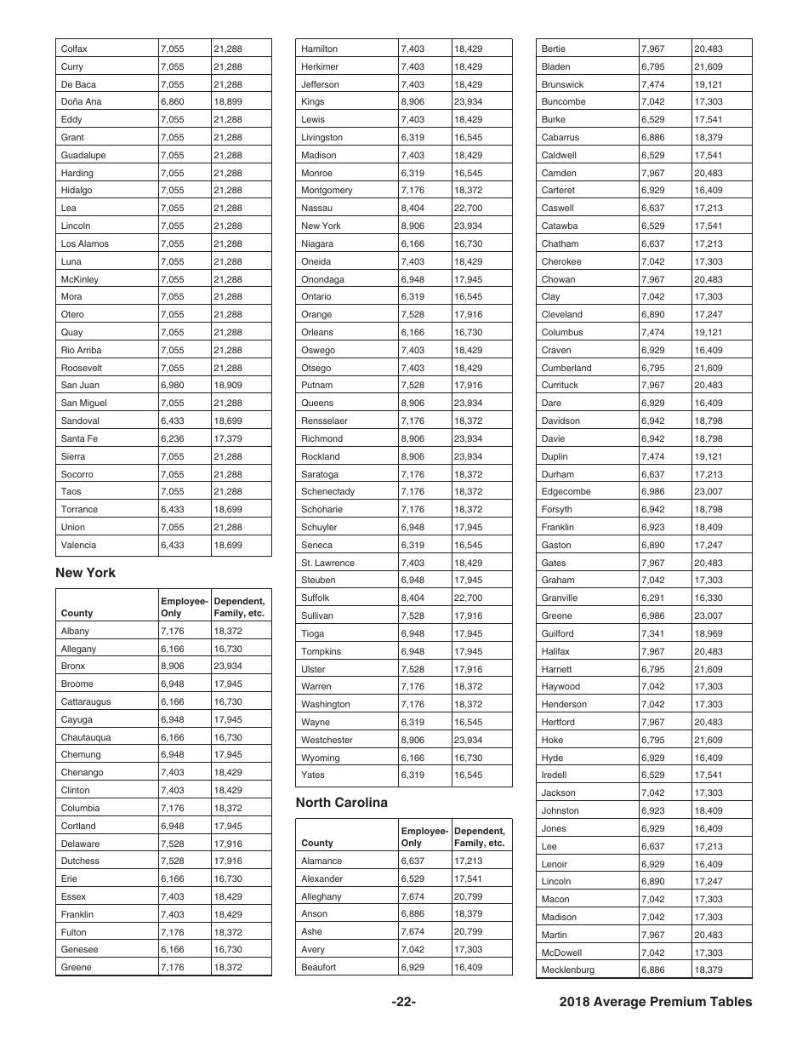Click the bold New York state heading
pyautogui.click(x=85, y=573)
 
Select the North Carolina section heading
pyautogui.click(x=341, y=803)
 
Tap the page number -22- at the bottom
pyautogui.click(x=403, y=1002)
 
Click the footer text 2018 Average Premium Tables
pyautogui.click(x=656, y=1002)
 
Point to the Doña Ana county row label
pyautogui.click(x=81, y=102)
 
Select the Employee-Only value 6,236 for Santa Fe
pyautogui.click(x=172, y=439)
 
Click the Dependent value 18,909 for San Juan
pyautogui.click(x=228, y=386)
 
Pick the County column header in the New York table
pyautogui.click(x=77, y=613)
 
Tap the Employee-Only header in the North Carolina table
pyautogui.click(x=424, y=837)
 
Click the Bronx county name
pyautogui.click(x=73, y=667)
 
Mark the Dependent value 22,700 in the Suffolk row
pyautogui.click(x=468, y=598)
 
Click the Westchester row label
pyautogui.click(x=327, y=741)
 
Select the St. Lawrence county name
pyautogui.click(x=327, y=564)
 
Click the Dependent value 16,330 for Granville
pyautogui.click(x=708, y=598)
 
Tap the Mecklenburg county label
pyautogui.click(x=567, y=970)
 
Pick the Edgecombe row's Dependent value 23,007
pyautogui.click(x=708, y=492)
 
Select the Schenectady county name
pyautogui.click(x=327, y=492)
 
